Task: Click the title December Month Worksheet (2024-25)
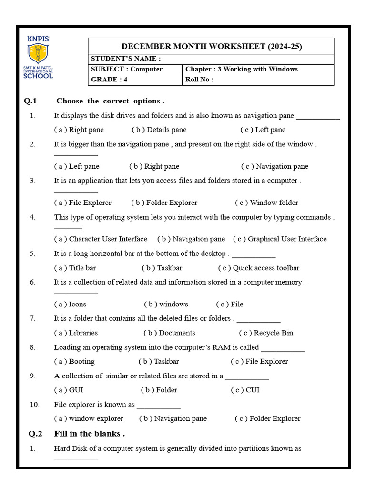[x=211, y=46]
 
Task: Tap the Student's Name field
[x=211, y=59]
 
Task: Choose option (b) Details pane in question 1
[x=159, y=130]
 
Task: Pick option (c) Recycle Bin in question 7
[x=266, y=333]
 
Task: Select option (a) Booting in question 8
[x=74, y=361]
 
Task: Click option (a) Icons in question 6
[x=71, y=304]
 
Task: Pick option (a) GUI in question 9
[x=69, y=390]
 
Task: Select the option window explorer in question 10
[x=89, y=418]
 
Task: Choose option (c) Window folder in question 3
[x=266, y=203]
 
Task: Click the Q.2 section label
[x=35, y=434]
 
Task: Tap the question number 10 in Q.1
[x=34, y=405]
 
